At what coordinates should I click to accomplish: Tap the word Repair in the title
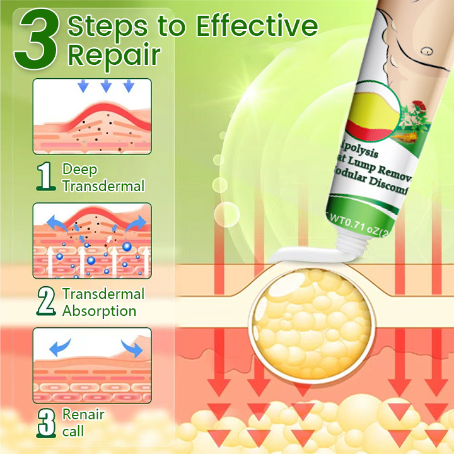(113, 55)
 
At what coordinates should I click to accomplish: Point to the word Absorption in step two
(99, 311)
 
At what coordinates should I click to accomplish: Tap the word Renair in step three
(83, 415)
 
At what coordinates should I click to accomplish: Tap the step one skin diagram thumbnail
(92, 117)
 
